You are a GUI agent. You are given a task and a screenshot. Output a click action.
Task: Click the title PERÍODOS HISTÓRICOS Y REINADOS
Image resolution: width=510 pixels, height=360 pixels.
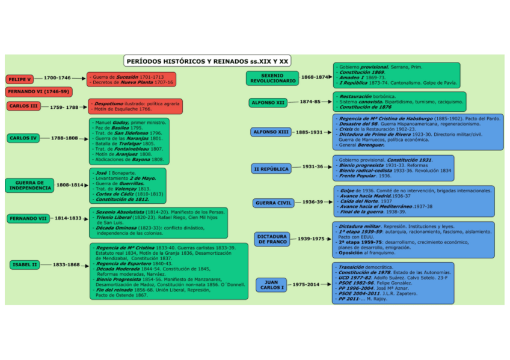pyautogui.click(x=207, y=61)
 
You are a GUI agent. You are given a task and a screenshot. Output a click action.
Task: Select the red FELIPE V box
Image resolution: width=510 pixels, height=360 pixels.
pyautogui.click(x=20, y=79)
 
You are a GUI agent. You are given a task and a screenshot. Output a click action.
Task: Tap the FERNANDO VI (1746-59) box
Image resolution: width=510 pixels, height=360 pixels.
pyautogui.click(x=38, y=92)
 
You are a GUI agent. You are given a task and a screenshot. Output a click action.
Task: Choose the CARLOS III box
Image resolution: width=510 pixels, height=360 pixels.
pyautogui.click(x=24, y=106)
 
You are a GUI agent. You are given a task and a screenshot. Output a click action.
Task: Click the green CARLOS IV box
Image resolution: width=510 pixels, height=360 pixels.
pyautogui.click(x=24, y=138)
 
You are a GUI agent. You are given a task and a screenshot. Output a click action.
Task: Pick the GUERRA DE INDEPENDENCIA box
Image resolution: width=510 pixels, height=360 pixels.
pyautogui.click(x=29, y=185)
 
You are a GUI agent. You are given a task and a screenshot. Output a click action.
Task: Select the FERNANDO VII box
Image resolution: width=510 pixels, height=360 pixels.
pyautogui.click(x=28, y=219)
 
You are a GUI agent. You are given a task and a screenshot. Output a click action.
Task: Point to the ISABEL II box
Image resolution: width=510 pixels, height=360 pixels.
pyautogui.click(x=25, y=264)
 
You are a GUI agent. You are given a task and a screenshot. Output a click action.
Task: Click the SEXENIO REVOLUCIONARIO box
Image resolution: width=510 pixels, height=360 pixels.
pyautogui.click(x=273, y=78)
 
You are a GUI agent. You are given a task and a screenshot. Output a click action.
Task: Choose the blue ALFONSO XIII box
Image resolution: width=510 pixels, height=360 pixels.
pyautogui.click(x=271, y=132)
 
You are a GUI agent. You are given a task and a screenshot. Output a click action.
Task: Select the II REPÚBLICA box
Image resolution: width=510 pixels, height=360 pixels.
pyautogui.click(x=271, y=169)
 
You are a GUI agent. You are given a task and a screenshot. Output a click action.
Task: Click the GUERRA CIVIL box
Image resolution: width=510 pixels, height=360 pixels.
pyautogui.click(x=274, y=203)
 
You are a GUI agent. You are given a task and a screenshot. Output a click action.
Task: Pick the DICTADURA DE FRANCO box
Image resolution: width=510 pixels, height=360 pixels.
pyautogui.click(x=272, y=239)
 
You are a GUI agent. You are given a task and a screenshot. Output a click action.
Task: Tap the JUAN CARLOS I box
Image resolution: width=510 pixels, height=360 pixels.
pyautogui.click(x=271, y=285)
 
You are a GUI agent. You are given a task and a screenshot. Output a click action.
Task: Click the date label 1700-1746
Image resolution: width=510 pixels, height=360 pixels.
pyautogui.click(x=58, y=78)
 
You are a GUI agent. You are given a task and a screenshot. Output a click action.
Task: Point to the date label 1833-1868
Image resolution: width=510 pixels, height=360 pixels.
pyautogui.click(x=66, y=264)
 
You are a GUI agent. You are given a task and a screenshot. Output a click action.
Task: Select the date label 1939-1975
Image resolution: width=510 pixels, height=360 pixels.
pyautogui.click(x=311, y=239)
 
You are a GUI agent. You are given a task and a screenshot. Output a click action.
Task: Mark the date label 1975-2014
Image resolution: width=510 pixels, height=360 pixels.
pyautogui.click(x=307, y=284)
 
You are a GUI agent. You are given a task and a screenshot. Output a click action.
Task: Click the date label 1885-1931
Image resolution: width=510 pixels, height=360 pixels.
pyautogui.click(x=310, y=132)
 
